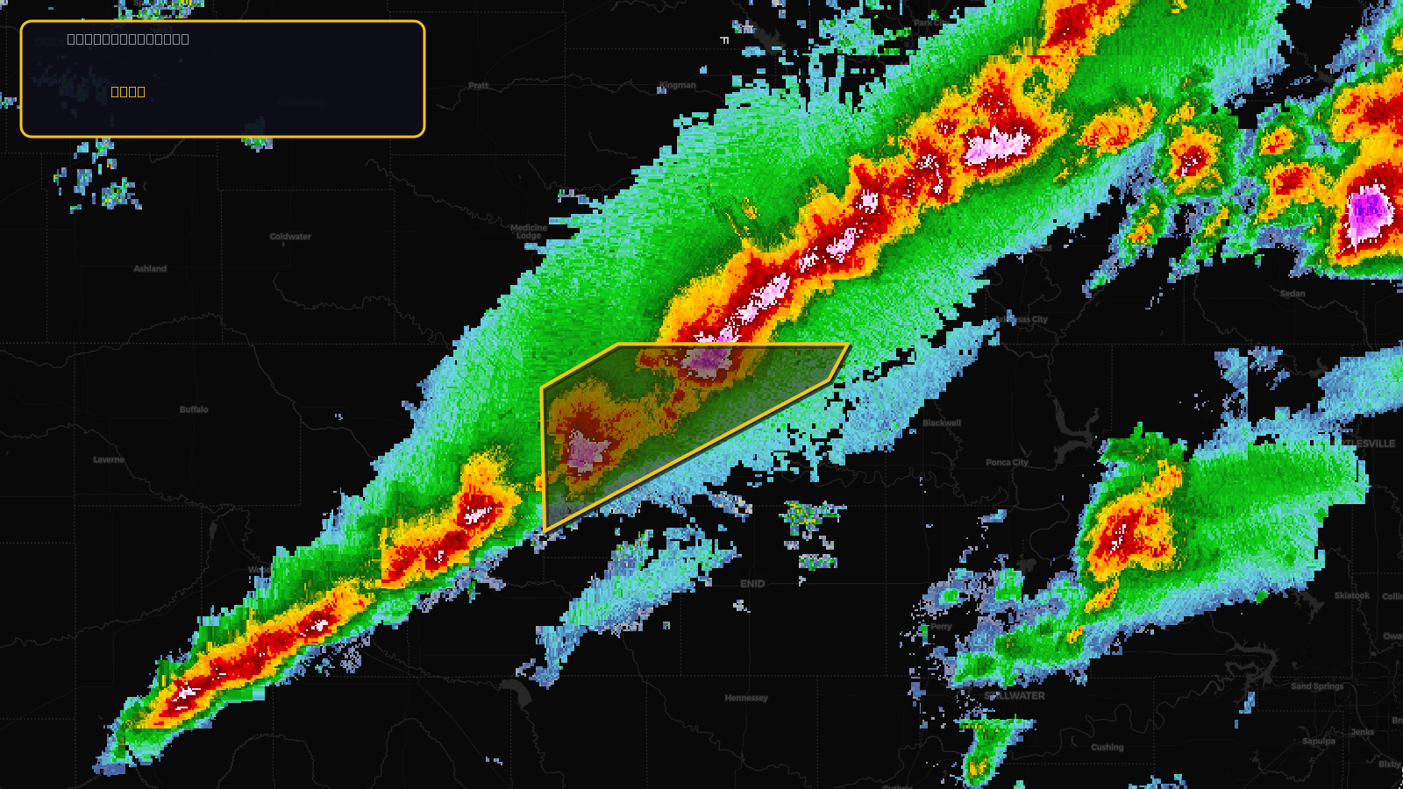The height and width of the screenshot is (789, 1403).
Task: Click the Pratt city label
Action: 479,86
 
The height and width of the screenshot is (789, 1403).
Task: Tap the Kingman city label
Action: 678,86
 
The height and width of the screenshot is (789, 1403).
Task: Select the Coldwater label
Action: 290,237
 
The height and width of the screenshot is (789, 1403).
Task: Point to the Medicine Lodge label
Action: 529,231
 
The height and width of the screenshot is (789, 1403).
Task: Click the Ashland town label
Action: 150,269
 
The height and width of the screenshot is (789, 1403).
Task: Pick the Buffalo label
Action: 194,409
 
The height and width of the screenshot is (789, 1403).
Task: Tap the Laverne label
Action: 109,459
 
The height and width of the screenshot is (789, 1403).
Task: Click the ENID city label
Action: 752,584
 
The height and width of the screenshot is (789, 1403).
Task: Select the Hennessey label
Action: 746,698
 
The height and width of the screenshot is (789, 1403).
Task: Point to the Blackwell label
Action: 942,423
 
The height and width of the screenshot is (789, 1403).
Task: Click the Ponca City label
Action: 1007,462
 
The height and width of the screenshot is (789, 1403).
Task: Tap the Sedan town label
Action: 1293,294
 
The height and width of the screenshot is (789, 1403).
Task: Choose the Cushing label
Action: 1107,747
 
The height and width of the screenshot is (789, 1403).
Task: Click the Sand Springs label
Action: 1317,686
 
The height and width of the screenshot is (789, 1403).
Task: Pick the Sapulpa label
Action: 1319,741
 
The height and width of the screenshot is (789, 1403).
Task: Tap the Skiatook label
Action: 1351,596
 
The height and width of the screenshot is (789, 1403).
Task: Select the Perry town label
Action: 941,627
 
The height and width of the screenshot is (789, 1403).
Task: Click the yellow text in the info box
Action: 128,92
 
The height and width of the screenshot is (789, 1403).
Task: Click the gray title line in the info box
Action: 128,39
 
